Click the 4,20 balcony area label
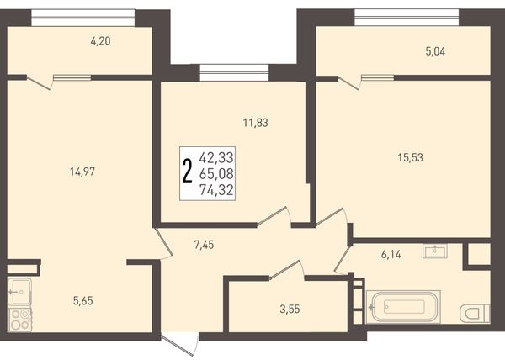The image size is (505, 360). pos(101,41)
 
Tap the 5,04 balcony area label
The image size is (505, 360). pos(435,51)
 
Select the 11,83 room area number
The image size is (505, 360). pos(255,123)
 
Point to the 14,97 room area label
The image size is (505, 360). pos(82,172)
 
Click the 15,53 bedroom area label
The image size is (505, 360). pos(411,158)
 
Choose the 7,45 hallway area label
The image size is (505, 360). pos(204,245)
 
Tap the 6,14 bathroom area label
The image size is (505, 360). pos(391,255)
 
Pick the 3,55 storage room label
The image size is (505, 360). pos(290,310)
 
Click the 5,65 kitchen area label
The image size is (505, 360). pos(83,301)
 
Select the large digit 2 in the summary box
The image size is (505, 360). pos(187,171)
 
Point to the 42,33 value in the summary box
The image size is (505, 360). pos(216,157)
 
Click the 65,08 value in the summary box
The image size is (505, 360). pos(216,174)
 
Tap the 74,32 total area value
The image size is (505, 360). pos(216,190)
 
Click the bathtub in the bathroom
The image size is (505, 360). pos(403,307)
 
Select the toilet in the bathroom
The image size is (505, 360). pos(475,314)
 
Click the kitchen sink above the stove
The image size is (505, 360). pos(20,292)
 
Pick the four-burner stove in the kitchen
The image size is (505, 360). pos(20,320)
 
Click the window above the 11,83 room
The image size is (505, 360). pos(234,72)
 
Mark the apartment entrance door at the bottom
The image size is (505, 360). pos(179,345)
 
